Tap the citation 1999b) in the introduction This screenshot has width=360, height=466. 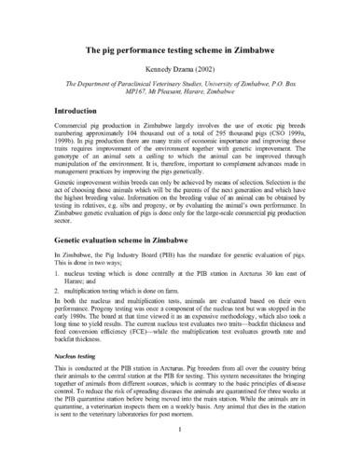point(45,173)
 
